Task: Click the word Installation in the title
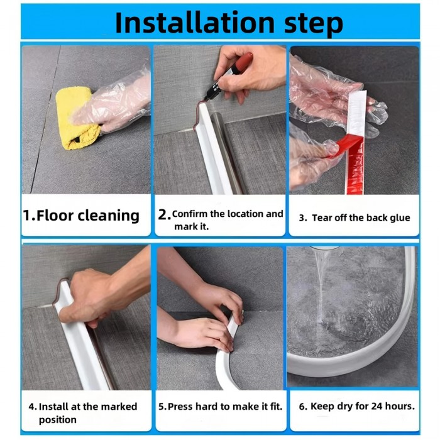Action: [x=195, y=23]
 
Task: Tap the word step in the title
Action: [x=314, y=25]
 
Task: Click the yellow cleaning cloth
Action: [x=77, y=118]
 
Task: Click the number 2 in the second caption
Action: [x=163, y=215]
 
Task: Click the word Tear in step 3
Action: [x=322, y=217]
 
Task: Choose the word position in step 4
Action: [x=58, y=420]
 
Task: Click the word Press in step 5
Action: [x=180, y=406]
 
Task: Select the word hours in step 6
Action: [x=398, y=406]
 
